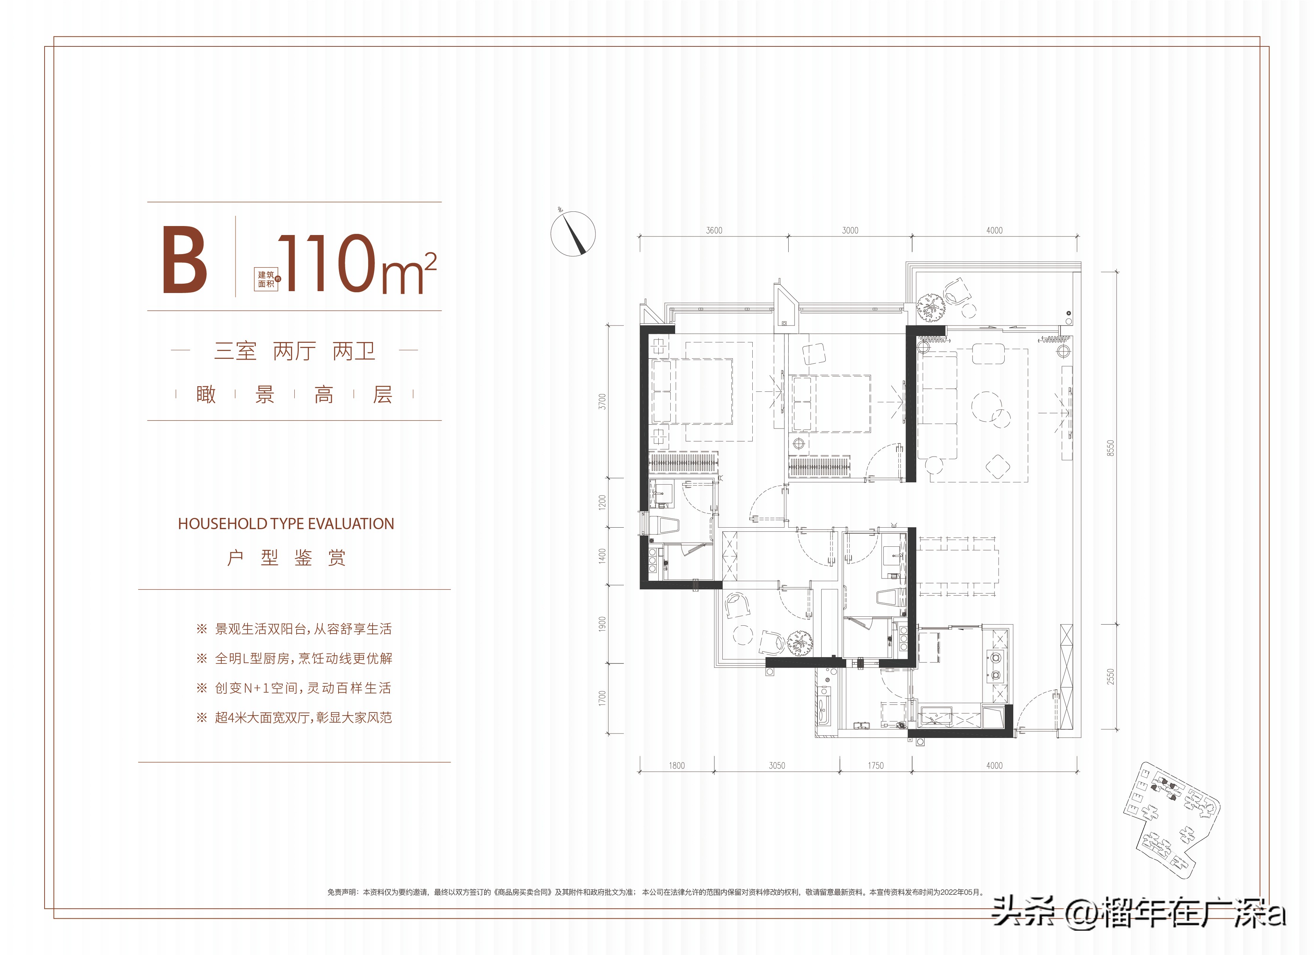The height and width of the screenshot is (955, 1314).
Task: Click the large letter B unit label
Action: [184, 260]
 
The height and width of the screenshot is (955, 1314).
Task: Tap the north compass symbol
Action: [573, 234]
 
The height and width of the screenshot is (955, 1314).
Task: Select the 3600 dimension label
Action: [714, 231]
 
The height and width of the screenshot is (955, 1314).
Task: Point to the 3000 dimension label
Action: [850, 231]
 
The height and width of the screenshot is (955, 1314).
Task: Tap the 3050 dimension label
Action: [777, 766]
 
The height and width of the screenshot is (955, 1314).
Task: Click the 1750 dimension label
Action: [876, 766]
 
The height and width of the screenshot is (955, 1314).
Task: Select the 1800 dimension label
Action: [677, 766]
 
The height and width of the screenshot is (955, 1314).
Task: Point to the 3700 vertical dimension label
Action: [603, 401]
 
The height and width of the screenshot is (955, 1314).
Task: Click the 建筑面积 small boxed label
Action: [267, 279]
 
